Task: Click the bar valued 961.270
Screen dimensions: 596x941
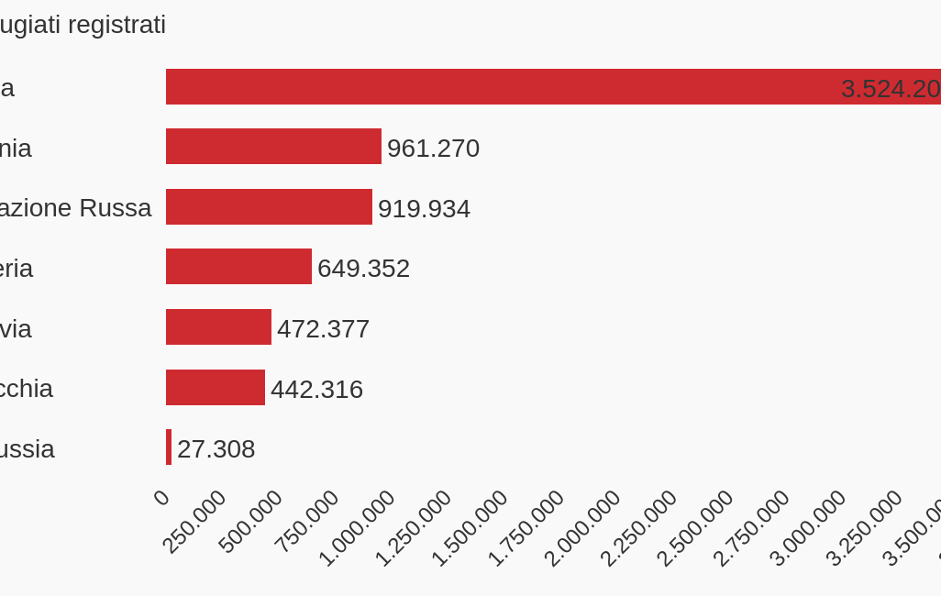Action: (x=273, y=147)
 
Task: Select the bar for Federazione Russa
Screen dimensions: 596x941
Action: (x=269, y=207)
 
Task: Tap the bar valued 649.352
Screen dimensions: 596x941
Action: (x=238, y=267)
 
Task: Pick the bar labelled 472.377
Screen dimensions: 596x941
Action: (x=218, y=327)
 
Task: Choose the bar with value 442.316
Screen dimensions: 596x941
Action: (x=216, y=388)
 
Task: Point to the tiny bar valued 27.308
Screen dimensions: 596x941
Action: (x=169, y=447)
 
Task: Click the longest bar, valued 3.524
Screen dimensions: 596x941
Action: (x=550, y=87)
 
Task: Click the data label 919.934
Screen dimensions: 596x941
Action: (x=424, y=209)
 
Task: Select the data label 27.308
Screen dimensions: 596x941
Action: (x=216, y=449)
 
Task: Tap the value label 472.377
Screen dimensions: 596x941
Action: (x=323, y=329)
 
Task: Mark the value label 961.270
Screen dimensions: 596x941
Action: (x=433, y=149)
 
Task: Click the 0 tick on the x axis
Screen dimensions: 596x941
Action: (x=161, y=498)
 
